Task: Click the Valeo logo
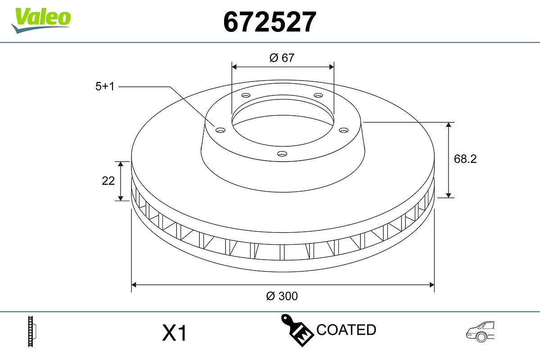tap(41, 19)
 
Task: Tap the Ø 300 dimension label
tap(282, 296)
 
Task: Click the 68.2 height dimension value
tap(465, 159)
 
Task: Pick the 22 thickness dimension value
tap(108, 180)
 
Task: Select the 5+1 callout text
tap(105, 86)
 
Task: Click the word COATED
tap(346, 330)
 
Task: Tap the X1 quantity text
tap(174, 333)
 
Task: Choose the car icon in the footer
tap(480, 332)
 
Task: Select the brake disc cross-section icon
tap(32, 332)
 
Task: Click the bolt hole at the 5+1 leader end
tap(220, 130)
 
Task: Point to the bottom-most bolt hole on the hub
tap(282, 154)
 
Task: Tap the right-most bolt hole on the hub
tap(344, 130)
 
